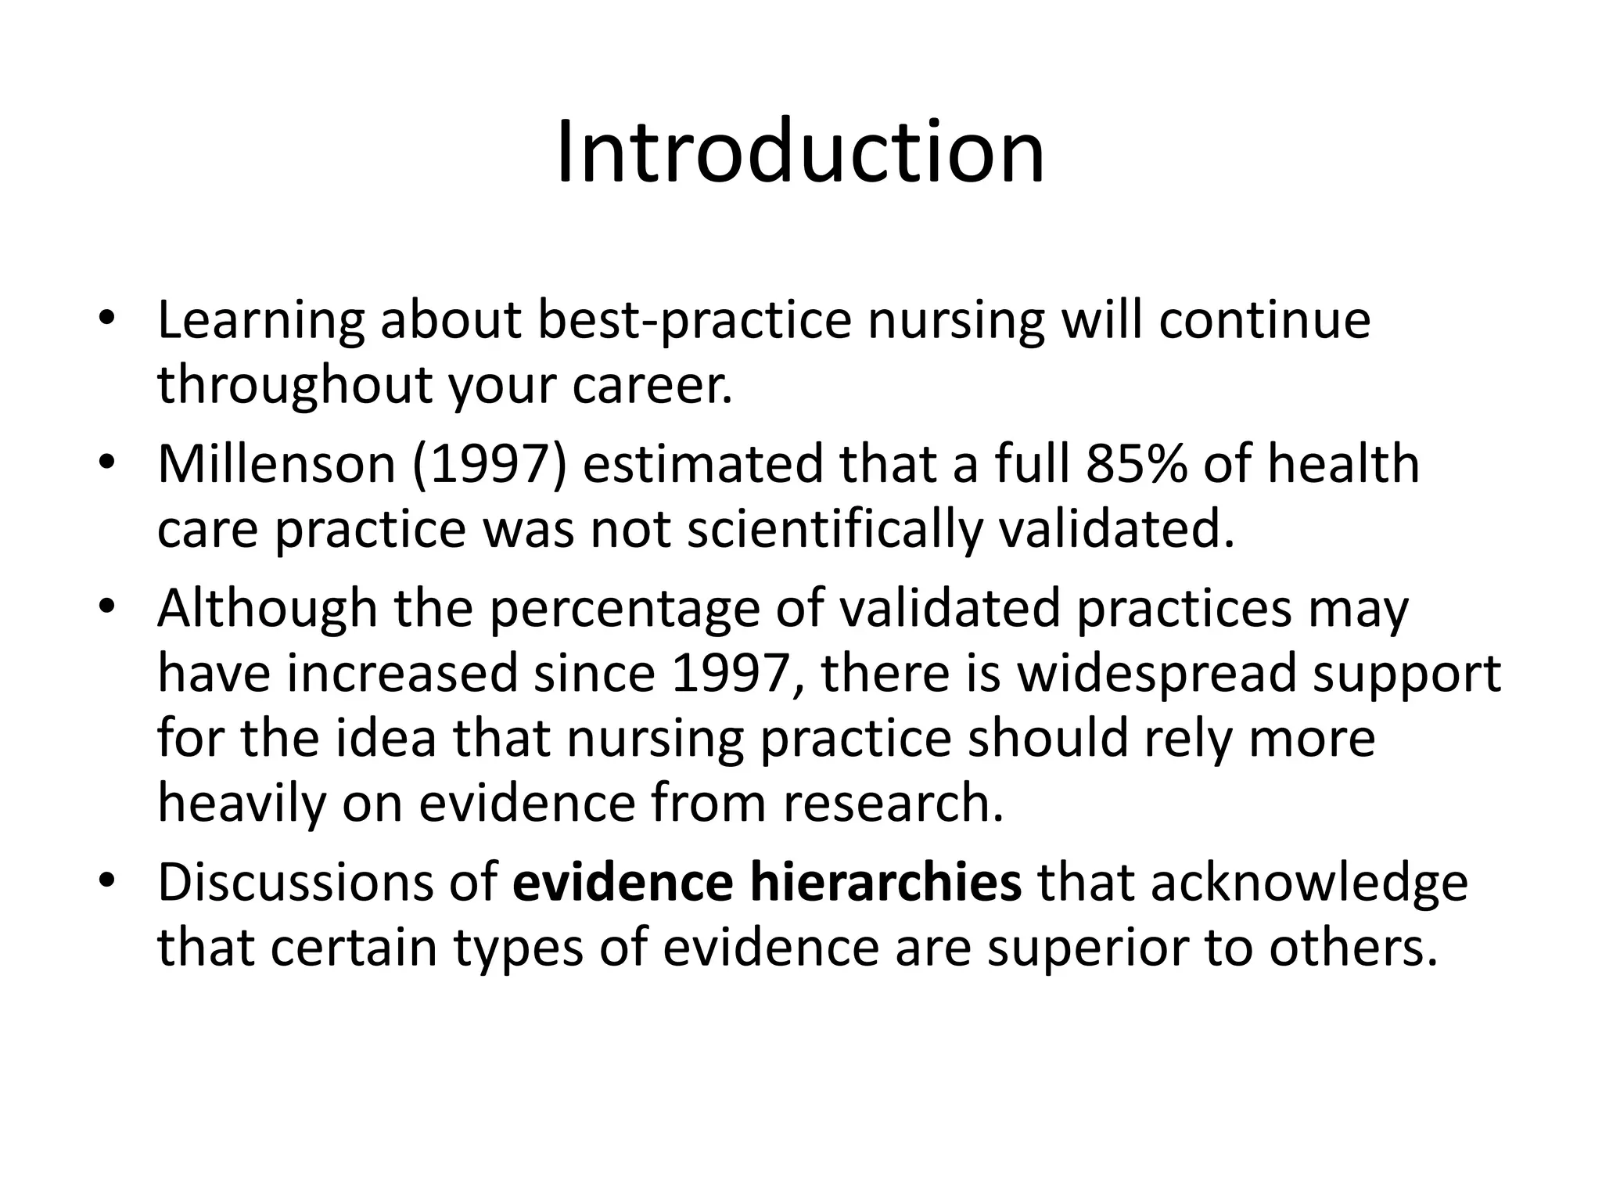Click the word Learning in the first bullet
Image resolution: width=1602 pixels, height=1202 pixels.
(x=260, y=321)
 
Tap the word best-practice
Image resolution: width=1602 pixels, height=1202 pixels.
(x=694, y=321)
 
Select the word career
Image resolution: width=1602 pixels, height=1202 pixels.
(x=652, y=387)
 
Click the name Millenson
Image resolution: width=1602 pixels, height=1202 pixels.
(x=276, y=464)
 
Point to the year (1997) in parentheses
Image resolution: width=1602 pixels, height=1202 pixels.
(x=489, y=464)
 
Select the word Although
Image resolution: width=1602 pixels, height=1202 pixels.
(x=267, y=608)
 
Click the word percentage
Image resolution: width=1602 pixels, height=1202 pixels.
(x=624, y=608)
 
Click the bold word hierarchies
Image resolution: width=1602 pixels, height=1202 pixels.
(x=885, y=882)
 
